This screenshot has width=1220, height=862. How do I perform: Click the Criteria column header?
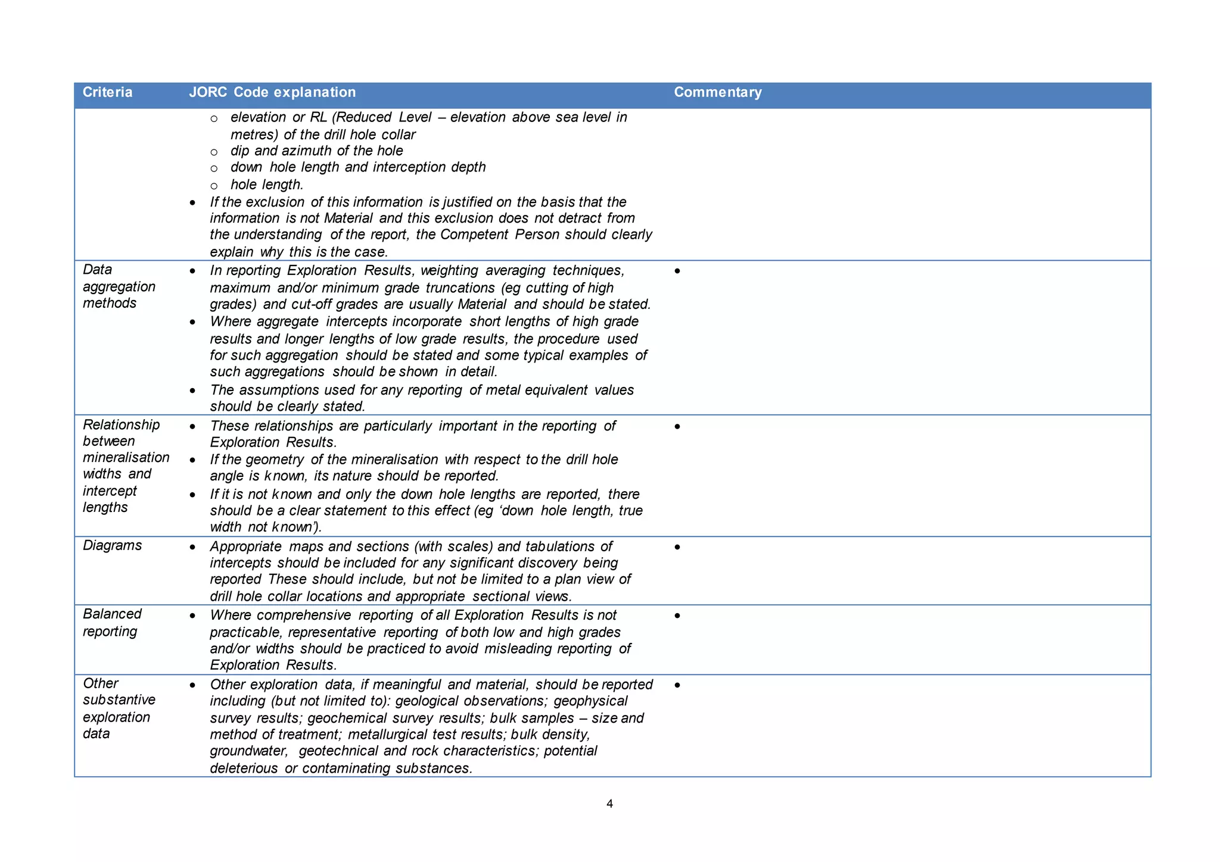pyautogui.click(x=107, y=92)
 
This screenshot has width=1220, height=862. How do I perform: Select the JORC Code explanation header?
pyautogui.click(x=272, y=92)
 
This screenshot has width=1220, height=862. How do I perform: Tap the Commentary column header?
pyautogui.click(x=718, y=92)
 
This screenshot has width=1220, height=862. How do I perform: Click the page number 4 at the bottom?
pyautogui.click(x=609, y=804)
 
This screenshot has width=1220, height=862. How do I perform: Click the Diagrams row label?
pyautogui.click(x=112, y=545)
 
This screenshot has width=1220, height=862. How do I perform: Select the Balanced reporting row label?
pyautogui.click(x=112, y=622)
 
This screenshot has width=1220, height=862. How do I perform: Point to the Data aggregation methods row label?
pyautogui.click(x=119, y=286)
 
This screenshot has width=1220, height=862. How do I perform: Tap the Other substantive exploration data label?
pyautogui.click(x=119, y=708)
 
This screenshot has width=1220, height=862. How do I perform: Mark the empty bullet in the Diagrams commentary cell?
pyautogui.click(x=677, y=546)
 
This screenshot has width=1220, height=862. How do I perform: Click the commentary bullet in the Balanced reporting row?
pyautogui.click(x=677, y=616)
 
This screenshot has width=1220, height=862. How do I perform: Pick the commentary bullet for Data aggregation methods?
pyautogui.click(x=677, y=271)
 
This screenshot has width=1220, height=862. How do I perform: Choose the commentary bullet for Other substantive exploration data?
pyautogui.click(x=677, y=685)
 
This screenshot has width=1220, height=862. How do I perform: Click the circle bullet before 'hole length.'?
pyautogui.click(x=214, y=186)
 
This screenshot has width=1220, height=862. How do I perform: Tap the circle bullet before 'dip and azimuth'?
pyautogui.click(x=214, y=152)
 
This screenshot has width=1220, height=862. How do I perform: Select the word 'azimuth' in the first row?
pyautogui.click(x=307, y=151)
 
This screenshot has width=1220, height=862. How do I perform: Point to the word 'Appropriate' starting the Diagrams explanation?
pyautogui.click(x=246, y=546)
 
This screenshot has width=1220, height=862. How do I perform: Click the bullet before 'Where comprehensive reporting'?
pyautogui.click(x=192, y=616)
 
